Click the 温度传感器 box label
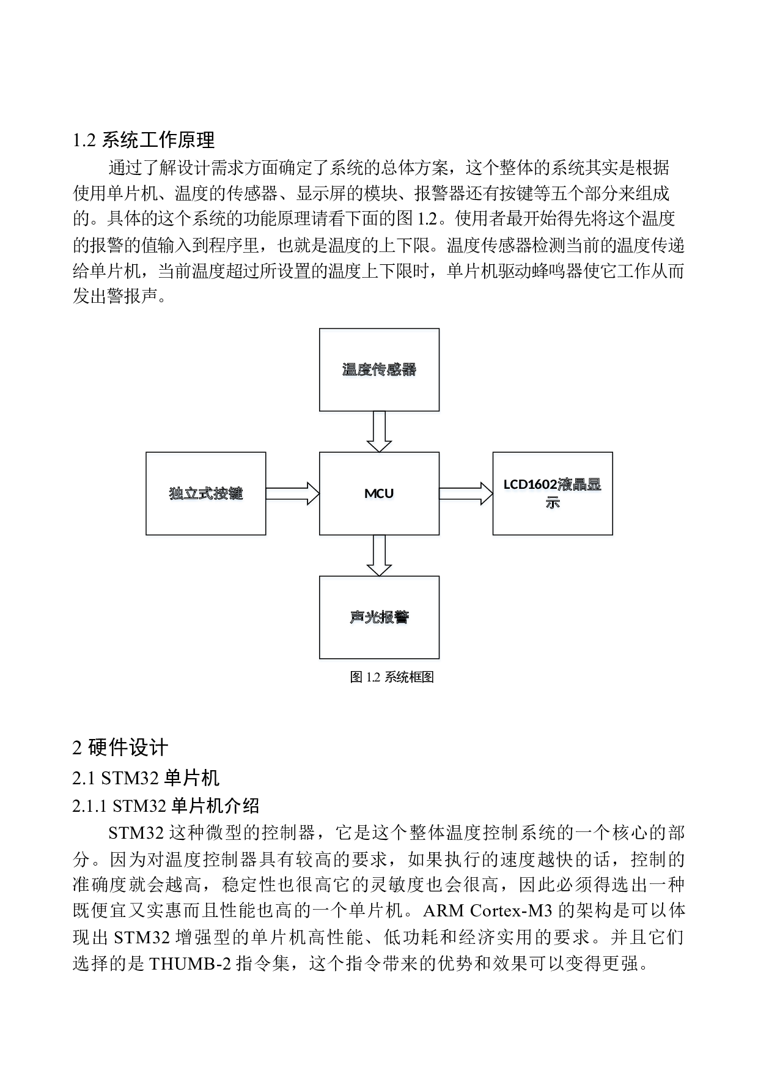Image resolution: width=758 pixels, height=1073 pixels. click(x=380, y=371)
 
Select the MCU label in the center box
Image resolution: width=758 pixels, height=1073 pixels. click(x=380, y=494)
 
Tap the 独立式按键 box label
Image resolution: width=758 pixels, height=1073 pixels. click(x=206, y=494)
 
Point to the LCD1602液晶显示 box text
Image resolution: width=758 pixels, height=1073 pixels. click(x=553, y=494)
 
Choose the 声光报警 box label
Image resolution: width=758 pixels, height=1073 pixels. click(x=380, y=618)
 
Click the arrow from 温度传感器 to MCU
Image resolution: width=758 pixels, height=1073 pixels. click(x=380, y=433)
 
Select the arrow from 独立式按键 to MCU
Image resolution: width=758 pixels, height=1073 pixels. click(x=293, y=496)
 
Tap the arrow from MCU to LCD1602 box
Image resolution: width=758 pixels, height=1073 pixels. click(x=466, y=496)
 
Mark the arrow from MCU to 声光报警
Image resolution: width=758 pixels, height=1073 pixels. click(x=380, y=557)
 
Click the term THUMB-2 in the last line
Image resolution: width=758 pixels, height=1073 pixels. click(x=190, y=964)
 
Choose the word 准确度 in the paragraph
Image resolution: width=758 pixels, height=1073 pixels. click(x=99, y=885)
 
